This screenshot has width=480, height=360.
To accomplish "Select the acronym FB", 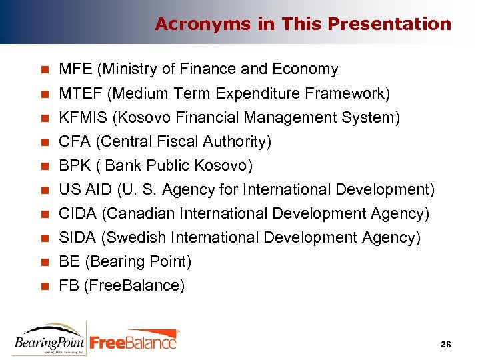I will click(x=68, y=286).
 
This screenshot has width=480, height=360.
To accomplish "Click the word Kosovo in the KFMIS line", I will click(x=145, y=118).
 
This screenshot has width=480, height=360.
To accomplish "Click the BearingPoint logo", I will click(x=50, y=338).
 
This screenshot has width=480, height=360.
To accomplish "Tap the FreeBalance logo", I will click(x=134, y=341).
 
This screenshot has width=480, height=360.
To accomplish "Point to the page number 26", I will click(x=446, y=344).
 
